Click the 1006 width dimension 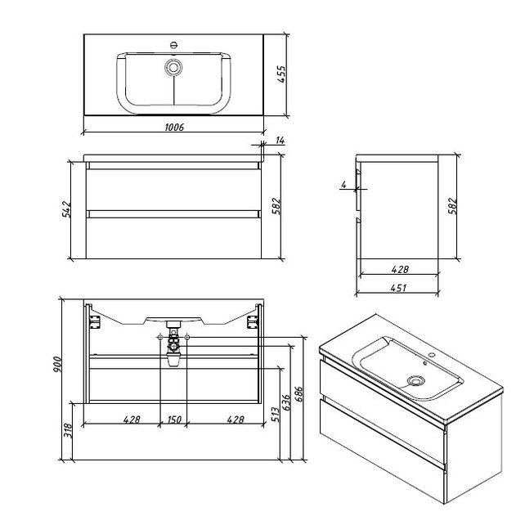coord(174,128)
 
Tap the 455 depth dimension coord(281,74)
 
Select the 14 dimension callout coord(280,141)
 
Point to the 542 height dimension coord(66,209)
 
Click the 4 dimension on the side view coord(343,185)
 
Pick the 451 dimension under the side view coord(398,288)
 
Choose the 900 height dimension coord(56,365)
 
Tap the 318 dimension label coord(68,431)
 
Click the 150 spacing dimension coord(173,420)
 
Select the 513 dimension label coord(276,415)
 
